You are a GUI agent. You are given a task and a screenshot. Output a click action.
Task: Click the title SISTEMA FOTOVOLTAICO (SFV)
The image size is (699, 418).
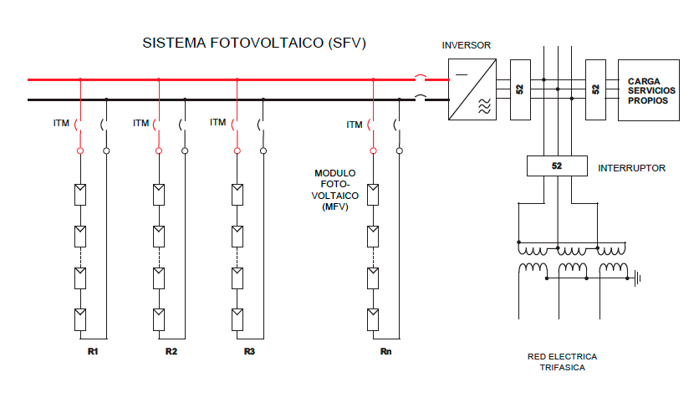tap(254, 43)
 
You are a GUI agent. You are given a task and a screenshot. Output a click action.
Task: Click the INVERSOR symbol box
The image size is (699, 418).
tap(472, 89)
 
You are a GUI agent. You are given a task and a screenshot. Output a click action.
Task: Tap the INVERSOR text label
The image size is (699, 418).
tap(466, 45)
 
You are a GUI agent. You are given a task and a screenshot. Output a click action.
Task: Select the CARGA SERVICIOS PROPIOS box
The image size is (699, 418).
tap(648, 90)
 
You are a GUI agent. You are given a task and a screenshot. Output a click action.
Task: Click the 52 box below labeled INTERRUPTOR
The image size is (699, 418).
tap(557, 166)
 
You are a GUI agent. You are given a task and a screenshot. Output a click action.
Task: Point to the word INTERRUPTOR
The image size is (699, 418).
tap(631, 168)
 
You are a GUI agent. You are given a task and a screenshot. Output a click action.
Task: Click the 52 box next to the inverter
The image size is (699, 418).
tap(519, 89)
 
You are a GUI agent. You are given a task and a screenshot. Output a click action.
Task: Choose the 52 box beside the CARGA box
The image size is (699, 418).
tap(595, 89)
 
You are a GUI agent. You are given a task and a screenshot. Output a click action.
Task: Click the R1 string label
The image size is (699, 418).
tap(93, 350)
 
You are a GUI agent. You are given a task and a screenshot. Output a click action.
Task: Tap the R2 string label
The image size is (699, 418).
tap(171, 350)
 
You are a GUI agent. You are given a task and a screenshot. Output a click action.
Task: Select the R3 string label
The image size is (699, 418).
tap(249, 350)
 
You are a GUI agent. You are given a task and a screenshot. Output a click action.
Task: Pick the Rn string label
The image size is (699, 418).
tap(385, 350)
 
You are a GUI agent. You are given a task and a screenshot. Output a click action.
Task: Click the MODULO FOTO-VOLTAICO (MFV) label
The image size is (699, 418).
tap(334, 190)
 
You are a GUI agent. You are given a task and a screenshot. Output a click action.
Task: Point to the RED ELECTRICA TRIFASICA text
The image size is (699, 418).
tap(562, 362)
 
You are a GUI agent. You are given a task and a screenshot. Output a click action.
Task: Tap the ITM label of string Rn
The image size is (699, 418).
tap(355, 125)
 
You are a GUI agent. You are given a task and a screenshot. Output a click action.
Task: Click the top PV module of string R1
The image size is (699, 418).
tap(79, 195)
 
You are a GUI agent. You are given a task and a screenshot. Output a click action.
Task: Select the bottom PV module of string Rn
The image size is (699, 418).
tap(373, 319)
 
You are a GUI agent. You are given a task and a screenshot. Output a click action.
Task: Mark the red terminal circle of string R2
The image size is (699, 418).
tap(158, 150)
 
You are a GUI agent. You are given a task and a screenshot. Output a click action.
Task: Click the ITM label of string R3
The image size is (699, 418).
tap(218, 122)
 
